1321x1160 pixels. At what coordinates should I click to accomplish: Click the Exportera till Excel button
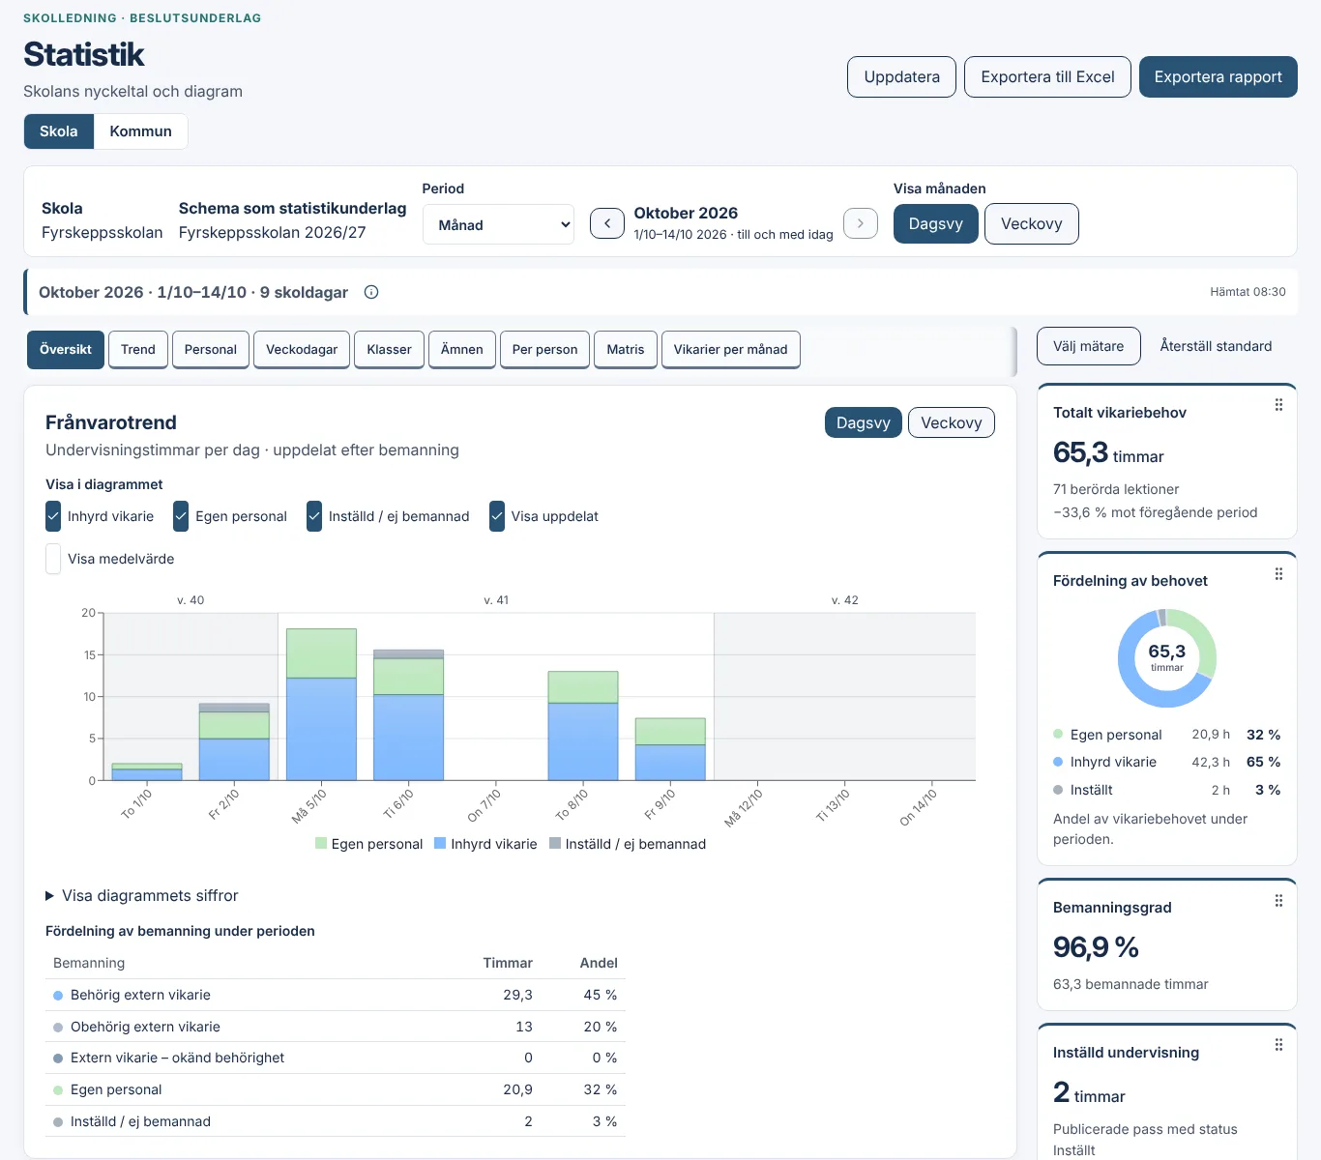pyautogui.click(x=1047, y=77)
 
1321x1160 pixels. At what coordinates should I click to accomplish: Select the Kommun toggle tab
pyautogui.click(x=140, y=131)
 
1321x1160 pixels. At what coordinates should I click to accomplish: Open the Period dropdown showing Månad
pyautogui.click(x=498, y=224)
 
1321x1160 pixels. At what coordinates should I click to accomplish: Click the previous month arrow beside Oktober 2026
pyautogui.click(x=607, y=223)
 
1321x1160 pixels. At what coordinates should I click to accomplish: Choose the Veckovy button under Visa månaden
pyautogui.click(x=1031, y=223)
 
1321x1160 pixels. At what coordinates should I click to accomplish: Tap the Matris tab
pyautogui.click(x=625, y=349)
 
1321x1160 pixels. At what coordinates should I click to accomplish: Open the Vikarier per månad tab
pyautogui.click(x=730, y=349)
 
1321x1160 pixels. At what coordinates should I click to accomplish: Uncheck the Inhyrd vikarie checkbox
pyautogui.click(x=53, y=516)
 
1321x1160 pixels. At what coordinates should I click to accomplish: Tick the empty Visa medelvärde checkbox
pyautogui.click(x=53, y=559)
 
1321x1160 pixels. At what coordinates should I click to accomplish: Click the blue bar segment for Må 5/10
pyautogui.click(x=321, y=729)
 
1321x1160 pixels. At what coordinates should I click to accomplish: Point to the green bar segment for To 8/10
pyautogui.click(x=583, y=687)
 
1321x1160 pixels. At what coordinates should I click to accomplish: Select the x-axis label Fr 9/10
pyautogui.click(x=659, y=804)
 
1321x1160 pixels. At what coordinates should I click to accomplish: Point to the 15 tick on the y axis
pyautogui.click(x=89, y=654)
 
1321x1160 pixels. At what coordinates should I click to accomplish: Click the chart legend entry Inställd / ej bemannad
pyautogui.click(x=628, y=844)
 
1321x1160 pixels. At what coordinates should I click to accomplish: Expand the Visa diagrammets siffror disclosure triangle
pyautogui.click(x=49, y=895)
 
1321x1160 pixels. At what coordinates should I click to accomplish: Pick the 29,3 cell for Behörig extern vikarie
pyautogui.click(x=517, y=995)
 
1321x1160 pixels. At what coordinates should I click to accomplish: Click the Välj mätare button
pyautogui.click(x=1088, y=346)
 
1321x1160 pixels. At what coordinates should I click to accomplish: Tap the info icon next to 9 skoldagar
pyautogui.click(x=371, y=292)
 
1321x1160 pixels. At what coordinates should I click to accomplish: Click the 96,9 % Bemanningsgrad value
pyautogui.click(x=1096, y=947)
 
